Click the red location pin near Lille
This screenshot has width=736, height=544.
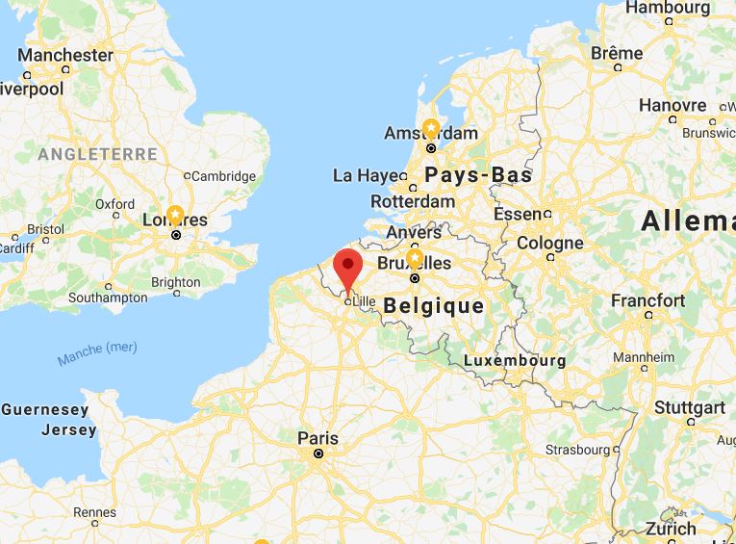346,265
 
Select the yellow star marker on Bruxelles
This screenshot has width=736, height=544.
415,259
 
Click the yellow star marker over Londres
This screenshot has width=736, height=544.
175,215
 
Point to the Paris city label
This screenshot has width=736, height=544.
317,438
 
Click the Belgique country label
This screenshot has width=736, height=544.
433,306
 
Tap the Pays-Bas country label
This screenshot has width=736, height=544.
478,175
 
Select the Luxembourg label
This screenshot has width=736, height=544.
515,360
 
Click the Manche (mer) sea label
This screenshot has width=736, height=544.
97,353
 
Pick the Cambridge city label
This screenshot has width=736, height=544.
223,176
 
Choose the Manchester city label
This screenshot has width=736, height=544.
65,55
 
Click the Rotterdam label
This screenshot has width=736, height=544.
413,202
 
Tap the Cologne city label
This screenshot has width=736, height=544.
550,244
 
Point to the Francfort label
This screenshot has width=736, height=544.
647,300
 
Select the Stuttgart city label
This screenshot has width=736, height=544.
689,407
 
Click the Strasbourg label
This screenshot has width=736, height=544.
577,450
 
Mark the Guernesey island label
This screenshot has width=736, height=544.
44,410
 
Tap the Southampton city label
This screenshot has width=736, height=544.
109,298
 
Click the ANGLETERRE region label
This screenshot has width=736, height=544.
97,154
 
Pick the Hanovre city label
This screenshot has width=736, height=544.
673,105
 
